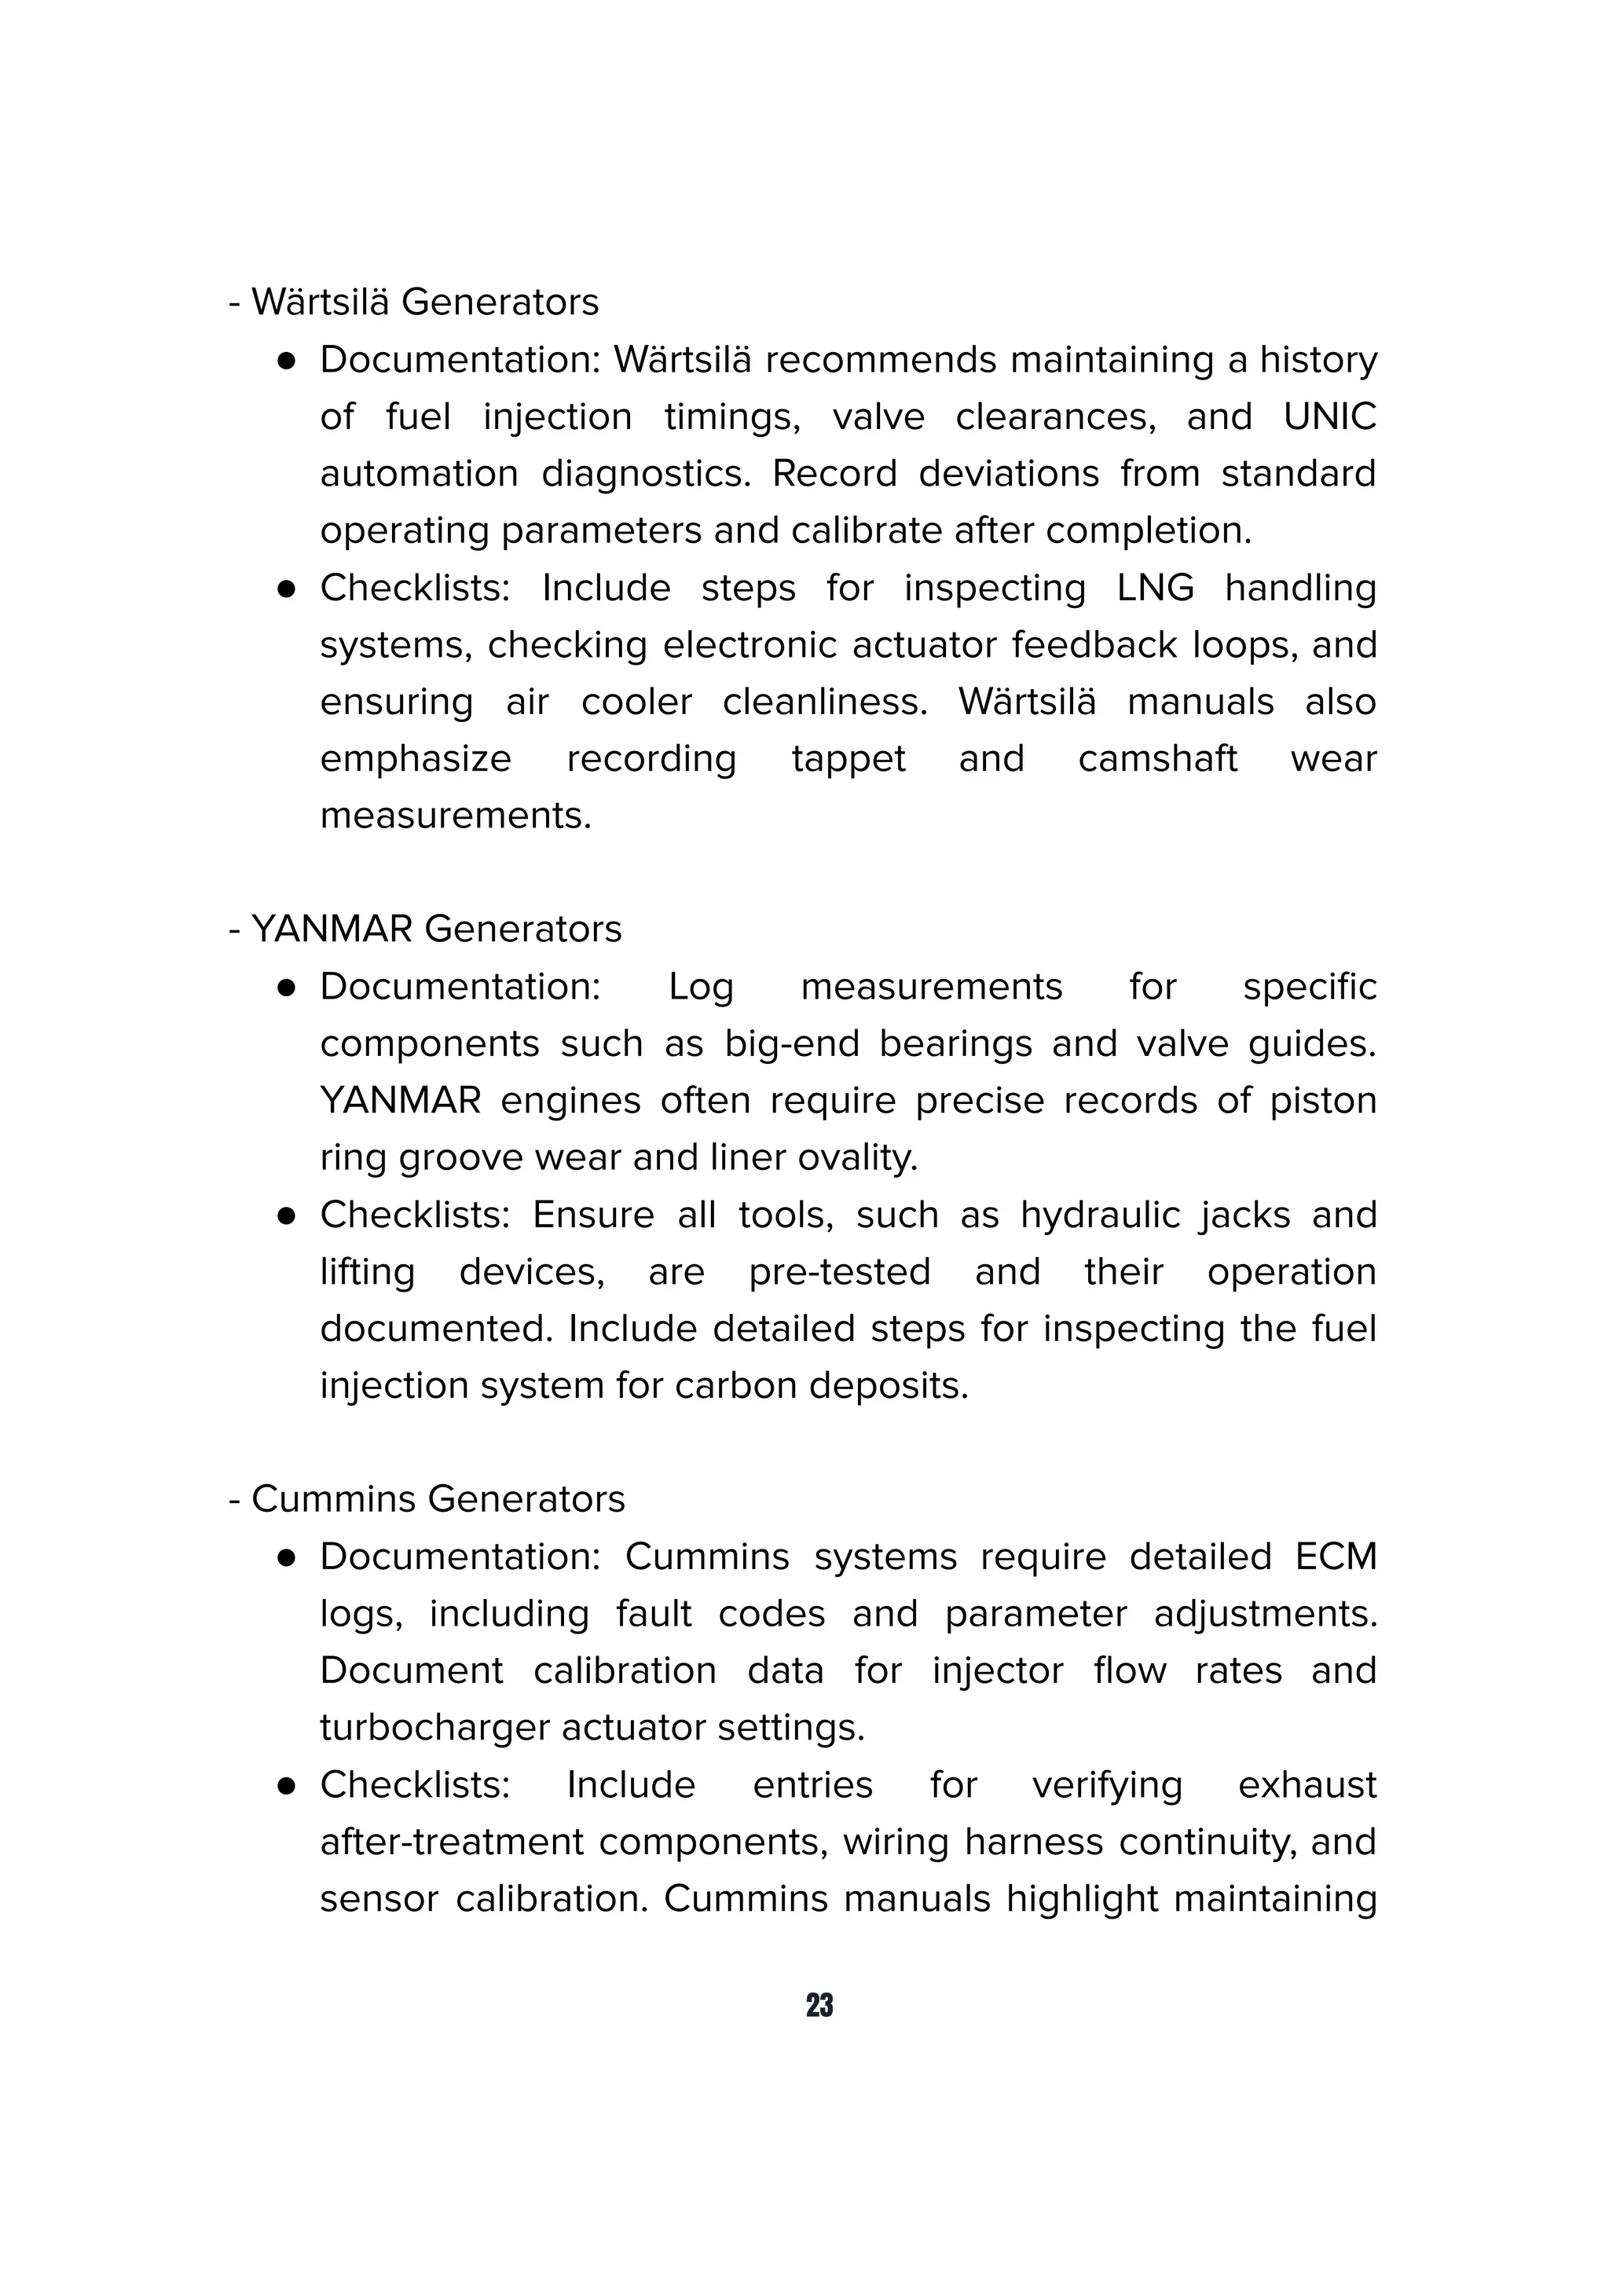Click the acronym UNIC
1329,416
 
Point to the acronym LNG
1155,588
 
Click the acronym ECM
1336,1557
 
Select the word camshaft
1157,759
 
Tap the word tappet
848,759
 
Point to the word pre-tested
839,1272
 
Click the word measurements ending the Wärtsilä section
455,816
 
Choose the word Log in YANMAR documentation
701,987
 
